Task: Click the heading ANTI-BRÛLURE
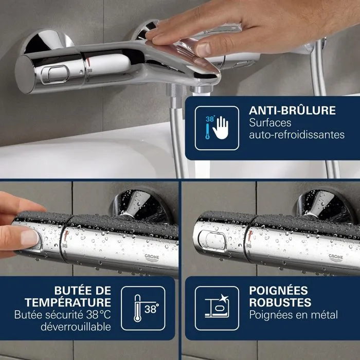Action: [292, 111]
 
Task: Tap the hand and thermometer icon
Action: [217, 129]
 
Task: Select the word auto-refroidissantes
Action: [297, 135]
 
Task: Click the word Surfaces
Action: [270, 123]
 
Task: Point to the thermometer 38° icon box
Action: [143, 309]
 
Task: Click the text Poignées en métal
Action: [294, 314]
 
